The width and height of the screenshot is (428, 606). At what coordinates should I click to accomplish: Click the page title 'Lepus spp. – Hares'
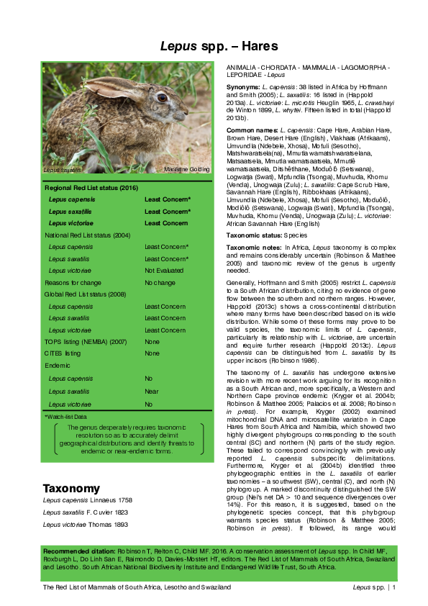(214, 45)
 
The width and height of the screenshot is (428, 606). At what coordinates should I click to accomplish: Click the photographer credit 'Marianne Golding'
(186, 169)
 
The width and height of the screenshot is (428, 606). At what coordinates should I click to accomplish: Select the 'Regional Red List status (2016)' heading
(91, 187)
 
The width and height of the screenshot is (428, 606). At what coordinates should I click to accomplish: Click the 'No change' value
(158, 282)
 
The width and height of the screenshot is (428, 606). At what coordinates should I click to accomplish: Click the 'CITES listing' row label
(63, 353)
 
